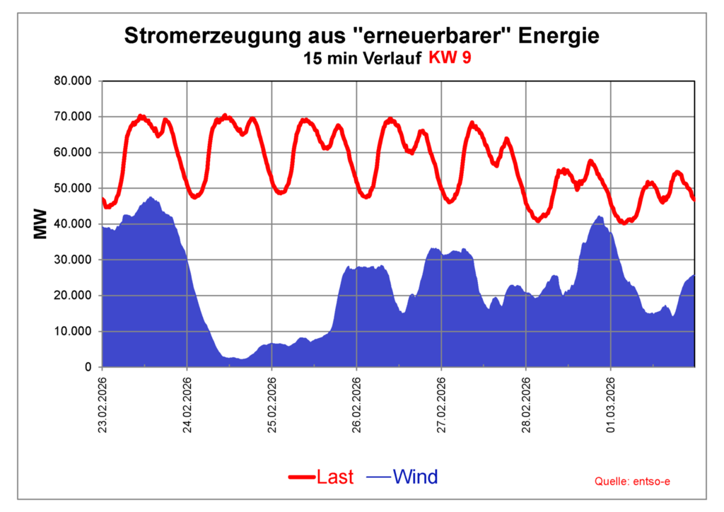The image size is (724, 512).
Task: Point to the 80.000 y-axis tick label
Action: pos(73,81)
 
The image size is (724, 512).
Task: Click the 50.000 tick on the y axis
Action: pos(73,188)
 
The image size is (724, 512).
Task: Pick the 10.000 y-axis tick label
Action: pos(73,332)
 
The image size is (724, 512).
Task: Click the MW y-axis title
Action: pos(40,223)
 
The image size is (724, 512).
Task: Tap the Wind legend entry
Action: pos(415,477)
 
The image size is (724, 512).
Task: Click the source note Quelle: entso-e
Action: pos(633,482)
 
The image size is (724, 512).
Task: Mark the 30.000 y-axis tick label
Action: pos(73,260)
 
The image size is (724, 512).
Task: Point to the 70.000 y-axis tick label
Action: pos(73,117)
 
